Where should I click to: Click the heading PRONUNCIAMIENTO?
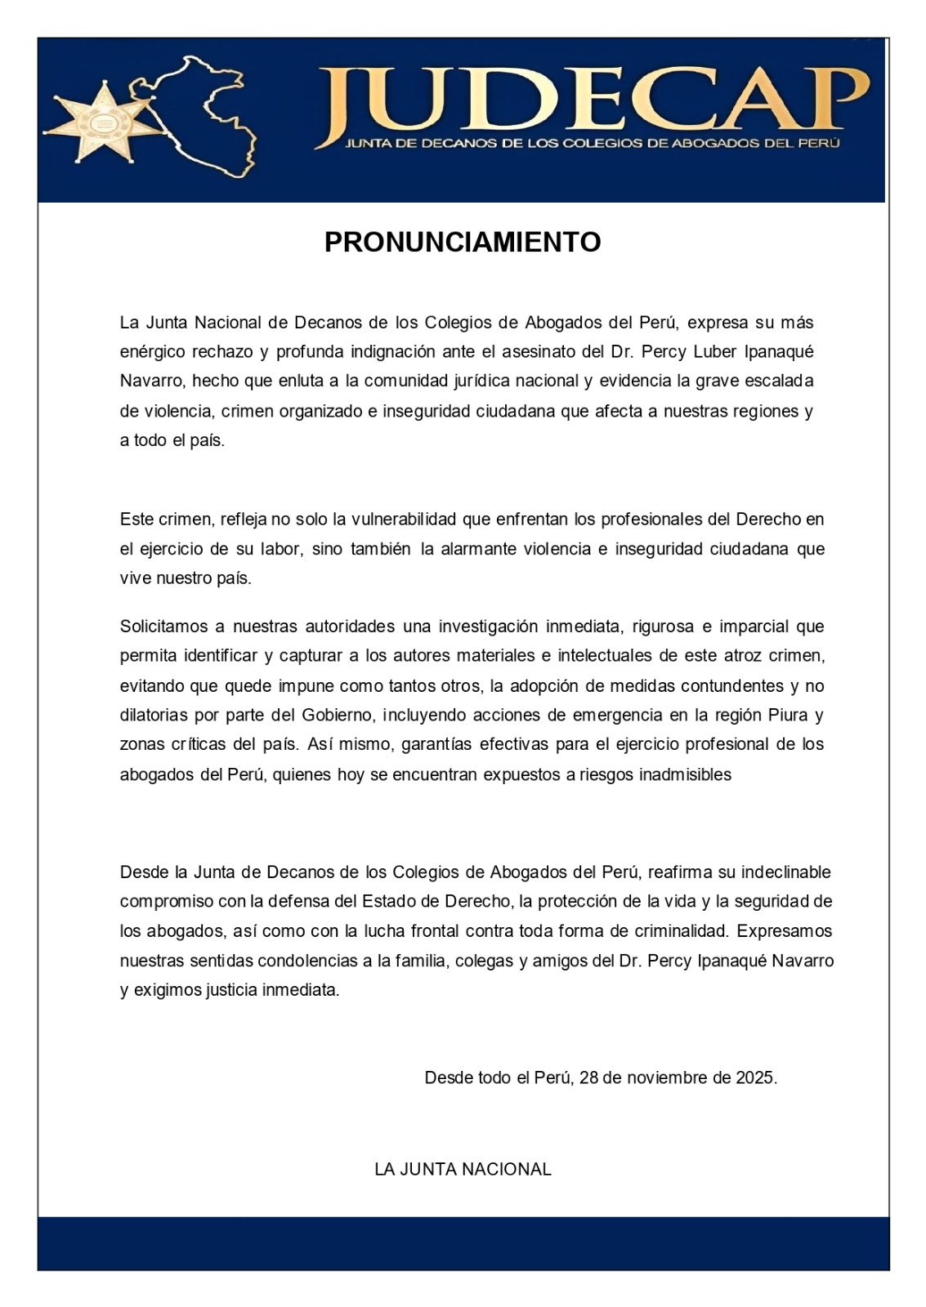[x=463, y=243]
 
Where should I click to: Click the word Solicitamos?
[x=161, y=627]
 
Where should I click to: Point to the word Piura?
[x=787, y=716]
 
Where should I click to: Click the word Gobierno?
[x=338, y=716]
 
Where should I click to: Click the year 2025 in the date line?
[x=755, y=1077]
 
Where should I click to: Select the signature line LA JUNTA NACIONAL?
[x=463, y=1169]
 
